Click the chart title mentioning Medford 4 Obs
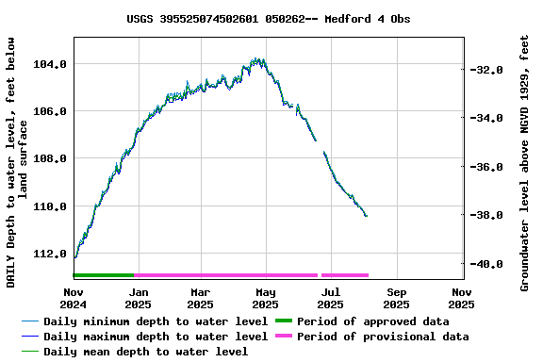[269, 19]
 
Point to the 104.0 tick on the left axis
[50, 64]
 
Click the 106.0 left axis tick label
[50, 111]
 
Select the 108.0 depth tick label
[50, 158]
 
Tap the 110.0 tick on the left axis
[50, 206]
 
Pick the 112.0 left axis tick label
[50, 254]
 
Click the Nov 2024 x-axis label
[74, 298]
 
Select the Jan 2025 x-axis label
[138, 298]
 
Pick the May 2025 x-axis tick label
[266, 298]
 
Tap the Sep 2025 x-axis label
[397, 298]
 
